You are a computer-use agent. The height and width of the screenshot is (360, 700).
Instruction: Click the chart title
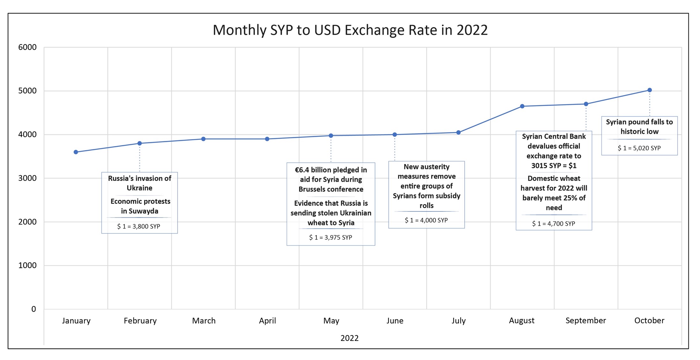(x=350, y=30)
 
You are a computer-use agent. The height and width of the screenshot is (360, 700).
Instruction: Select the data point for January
(x=76, y=152)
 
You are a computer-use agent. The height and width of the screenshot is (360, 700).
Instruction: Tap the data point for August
(x=522, y=106)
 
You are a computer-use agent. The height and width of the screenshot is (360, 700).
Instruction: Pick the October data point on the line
(x=650, y=90)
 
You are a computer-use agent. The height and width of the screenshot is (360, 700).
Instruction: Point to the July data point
(x=458, y=132)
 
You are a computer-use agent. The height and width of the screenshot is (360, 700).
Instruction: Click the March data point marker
(x=204, y=139)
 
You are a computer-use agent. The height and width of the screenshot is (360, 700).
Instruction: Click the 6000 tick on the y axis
(x=27, y=47)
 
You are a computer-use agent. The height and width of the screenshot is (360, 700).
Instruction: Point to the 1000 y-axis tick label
(x=27, y=265)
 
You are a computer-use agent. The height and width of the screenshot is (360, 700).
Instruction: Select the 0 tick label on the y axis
(x=34, y=309)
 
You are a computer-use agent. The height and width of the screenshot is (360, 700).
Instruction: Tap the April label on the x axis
(x=267, y=321)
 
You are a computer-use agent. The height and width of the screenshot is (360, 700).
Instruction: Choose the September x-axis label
(x=586, y=321)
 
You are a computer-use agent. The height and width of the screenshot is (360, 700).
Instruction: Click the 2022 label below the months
(x=350, y=338)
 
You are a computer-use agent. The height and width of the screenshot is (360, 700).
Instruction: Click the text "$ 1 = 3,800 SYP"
(x=138, y=226)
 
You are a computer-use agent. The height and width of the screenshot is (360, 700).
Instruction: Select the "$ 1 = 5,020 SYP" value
(x=639, y=148)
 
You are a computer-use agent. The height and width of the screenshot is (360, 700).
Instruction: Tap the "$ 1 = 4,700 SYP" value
(x=554, y=224)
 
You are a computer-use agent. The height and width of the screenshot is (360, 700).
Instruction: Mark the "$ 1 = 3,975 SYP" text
(x=331, y=238)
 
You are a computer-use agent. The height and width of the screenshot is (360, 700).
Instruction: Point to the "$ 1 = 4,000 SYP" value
(x=426, y=220)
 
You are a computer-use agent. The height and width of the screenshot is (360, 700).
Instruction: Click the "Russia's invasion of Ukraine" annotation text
(x=140, y=183)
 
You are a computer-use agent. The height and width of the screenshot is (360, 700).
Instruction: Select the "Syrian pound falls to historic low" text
(x=639, y=127)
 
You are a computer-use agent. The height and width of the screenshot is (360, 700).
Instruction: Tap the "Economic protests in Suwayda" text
(x=140, y=206)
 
